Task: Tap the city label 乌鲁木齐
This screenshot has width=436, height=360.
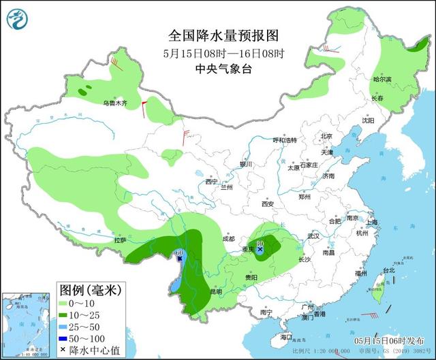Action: click(x=115, y=103)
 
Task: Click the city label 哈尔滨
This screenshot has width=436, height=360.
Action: click(x=382, y=80)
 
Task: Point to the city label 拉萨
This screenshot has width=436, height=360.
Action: click(x=120, y=240)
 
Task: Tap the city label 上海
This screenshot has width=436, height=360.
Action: click(x=371, y=223)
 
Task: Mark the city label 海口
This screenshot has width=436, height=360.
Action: click(x=286, y=337)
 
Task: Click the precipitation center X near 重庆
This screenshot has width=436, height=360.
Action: click(x=260, y=250)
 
